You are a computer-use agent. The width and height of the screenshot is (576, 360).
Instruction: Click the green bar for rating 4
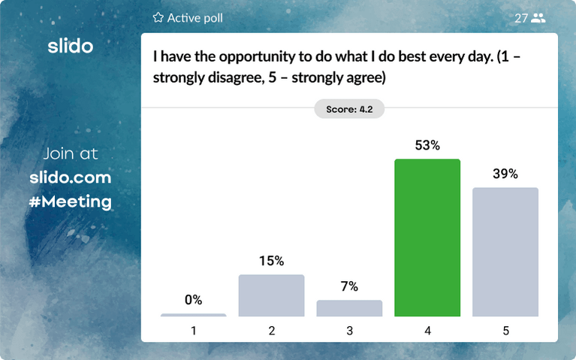point(427,237)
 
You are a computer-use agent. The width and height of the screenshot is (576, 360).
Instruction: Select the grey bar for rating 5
point(505,252)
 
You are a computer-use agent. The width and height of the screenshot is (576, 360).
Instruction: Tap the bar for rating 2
point(271,295)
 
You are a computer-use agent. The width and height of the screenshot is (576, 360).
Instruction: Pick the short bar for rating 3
point(349,308)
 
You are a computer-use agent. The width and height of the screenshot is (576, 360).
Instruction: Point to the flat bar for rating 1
point(193,315)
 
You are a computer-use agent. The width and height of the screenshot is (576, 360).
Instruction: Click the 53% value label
point(427,146)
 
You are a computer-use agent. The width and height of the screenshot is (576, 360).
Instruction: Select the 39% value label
point(505,174)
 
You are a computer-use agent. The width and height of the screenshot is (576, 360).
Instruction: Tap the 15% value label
point(271,262)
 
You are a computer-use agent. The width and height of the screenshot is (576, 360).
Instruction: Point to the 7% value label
point(349,286)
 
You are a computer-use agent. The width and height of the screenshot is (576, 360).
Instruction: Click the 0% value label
point(193,300)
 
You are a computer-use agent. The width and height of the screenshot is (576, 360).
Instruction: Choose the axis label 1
point(193,330)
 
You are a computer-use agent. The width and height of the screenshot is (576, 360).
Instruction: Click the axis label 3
point(349,330)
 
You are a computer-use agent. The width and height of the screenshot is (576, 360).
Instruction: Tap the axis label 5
point(505,330)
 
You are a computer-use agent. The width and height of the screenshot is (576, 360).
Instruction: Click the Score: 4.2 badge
point(349,109)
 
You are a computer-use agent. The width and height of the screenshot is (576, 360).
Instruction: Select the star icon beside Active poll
point(158,17)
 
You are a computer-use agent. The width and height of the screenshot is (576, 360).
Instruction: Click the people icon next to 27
point(538,18)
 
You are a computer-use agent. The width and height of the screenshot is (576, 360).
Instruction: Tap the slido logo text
point(70,46)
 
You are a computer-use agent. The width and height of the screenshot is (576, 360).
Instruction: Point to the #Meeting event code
point(71,201)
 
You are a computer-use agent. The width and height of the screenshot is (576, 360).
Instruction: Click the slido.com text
point(71,178)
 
